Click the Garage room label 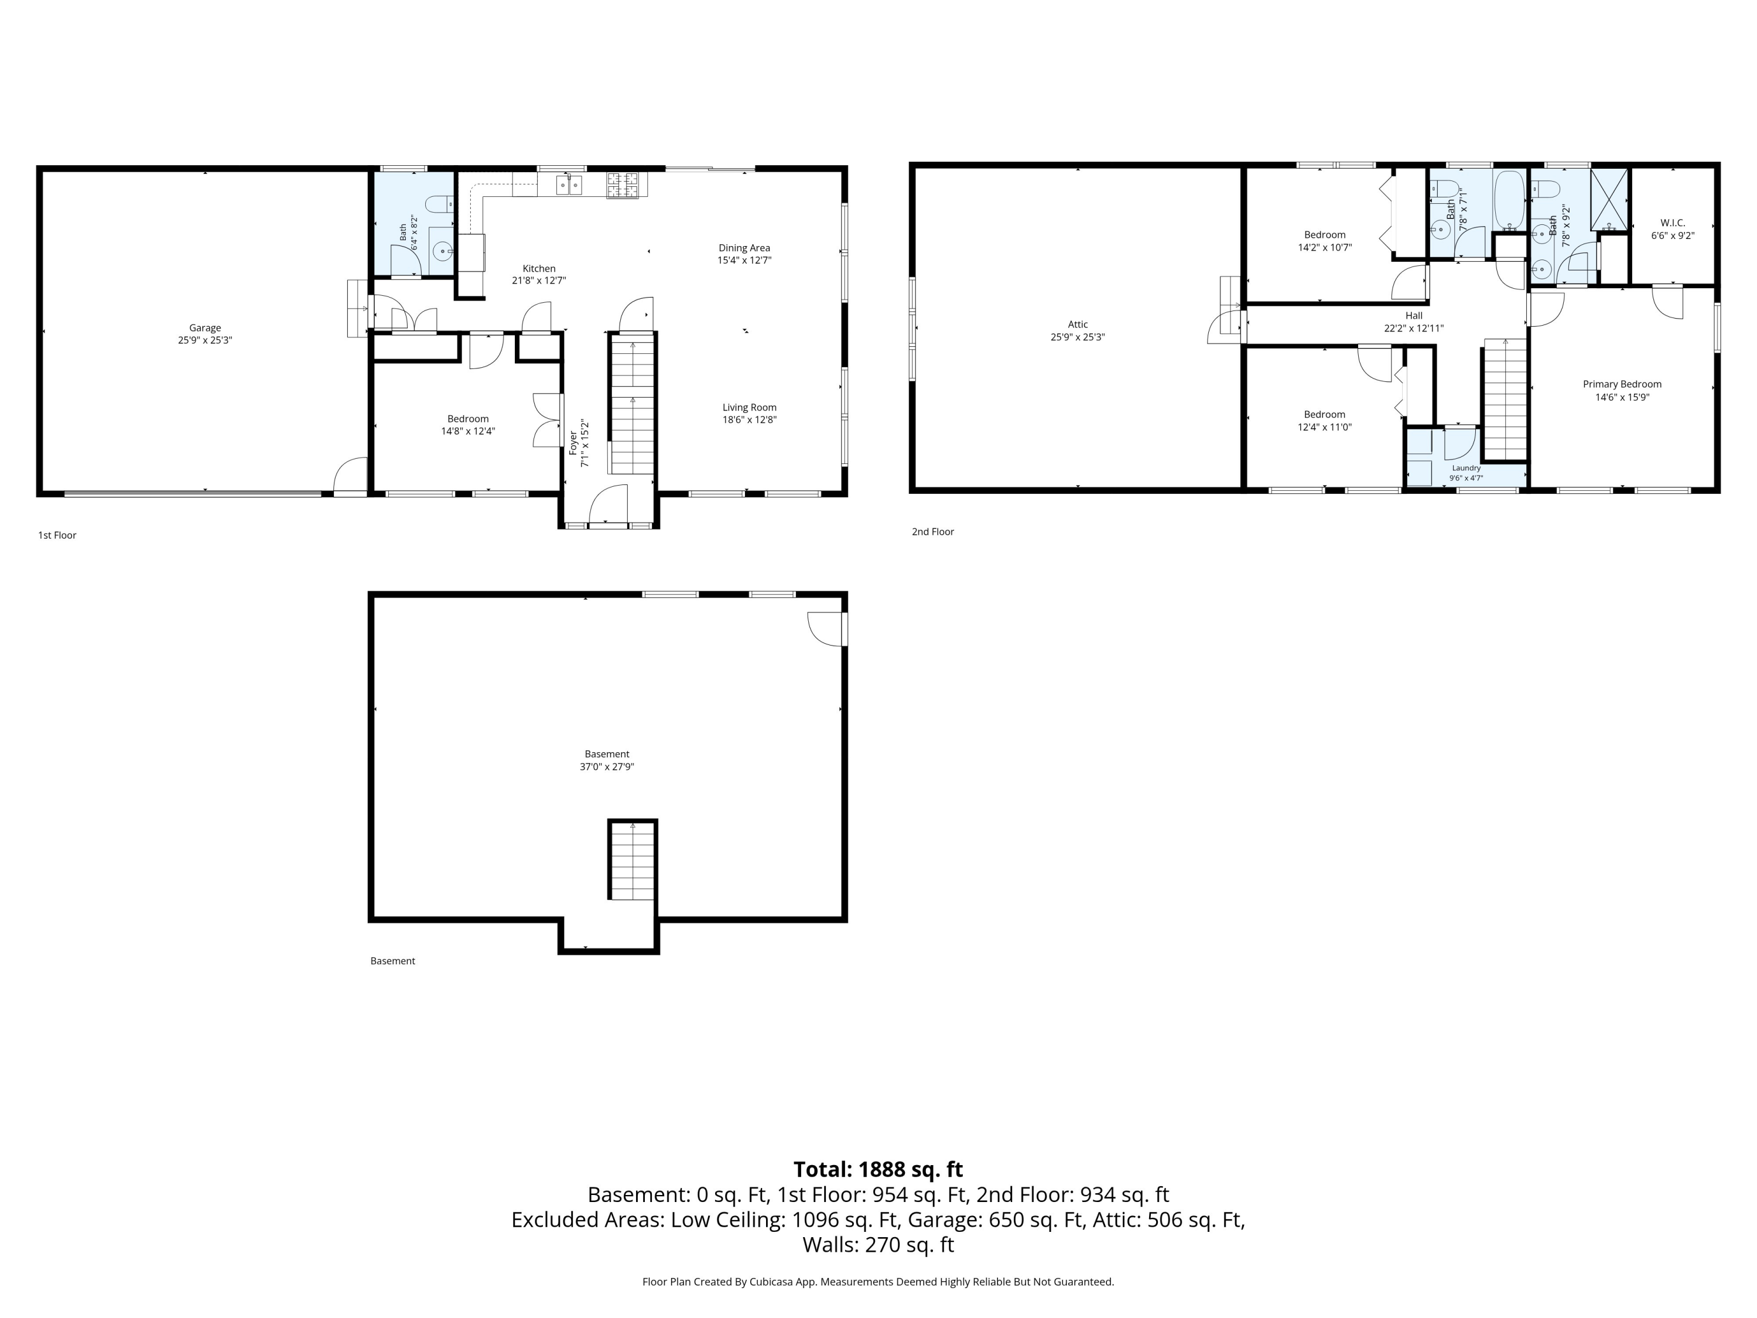point(205,327)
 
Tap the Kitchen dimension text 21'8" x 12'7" point(539,281)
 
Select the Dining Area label point(744,248)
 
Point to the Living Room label point(749,408)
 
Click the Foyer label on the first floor point(573,442)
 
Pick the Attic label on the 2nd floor point(1078,324)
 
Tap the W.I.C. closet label point(1673,223)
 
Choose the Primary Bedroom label point(1622,384)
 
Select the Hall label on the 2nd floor point(1414,315)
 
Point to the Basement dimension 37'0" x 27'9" point(607,767)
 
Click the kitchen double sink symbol point(569,185)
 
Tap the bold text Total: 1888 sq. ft point(878,1169)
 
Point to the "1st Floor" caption point(57,535)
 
